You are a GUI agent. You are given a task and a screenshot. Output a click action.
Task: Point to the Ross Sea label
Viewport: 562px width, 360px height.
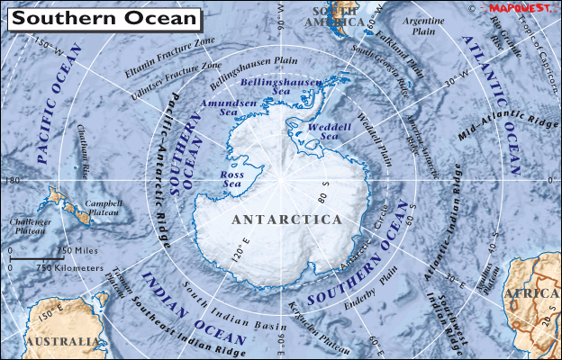pos(237,178)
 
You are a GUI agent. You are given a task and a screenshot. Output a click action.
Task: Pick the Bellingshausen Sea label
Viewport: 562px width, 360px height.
pos(284,88)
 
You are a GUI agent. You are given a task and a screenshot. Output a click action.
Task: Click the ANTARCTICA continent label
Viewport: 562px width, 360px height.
pos(286,220)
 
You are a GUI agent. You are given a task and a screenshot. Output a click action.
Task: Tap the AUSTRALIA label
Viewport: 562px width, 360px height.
pos(60,342)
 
